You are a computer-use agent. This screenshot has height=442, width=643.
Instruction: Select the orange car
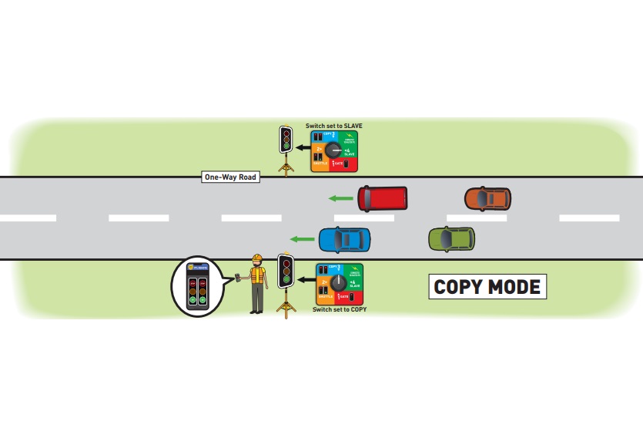click(x=487, y=199)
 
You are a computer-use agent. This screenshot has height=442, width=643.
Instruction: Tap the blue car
click(x=344, y=239)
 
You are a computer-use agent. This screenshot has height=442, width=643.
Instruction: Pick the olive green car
click(x=451, y=238)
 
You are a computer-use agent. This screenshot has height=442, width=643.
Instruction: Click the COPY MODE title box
click(x=487, y=287)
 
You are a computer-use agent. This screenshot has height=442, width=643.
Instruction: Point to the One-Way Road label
click(x=230, y=177)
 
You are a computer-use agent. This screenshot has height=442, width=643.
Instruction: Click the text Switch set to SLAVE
click(x=333, y=125)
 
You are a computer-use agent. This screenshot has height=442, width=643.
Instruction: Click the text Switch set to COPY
click(x=339, y=309)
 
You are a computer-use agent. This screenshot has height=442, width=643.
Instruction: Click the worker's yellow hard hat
click(x=257, y=258)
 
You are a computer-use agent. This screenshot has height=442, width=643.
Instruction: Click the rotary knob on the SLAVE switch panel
click(x=333, y=150)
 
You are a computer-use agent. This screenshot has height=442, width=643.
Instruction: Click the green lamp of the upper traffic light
click(x=286, y=146)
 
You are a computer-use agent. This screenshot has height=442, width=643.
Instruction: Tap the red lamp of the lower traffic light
click(x=286, y=264)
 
